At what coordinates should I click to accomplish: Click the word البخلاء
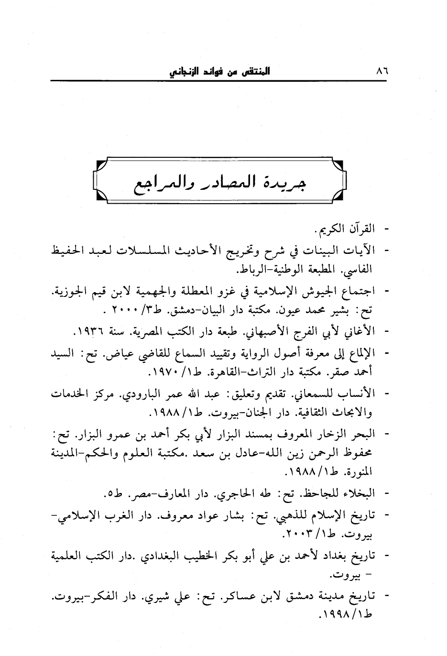click(x=360, y=493)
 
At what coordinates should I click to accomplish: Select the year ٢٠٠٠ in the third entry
click(x=127, y=309)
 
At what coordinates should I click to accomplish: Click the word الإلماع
click(x=358, y=353)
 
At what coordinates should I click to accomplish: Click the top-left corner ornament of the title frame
click(x=101, y=165)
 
